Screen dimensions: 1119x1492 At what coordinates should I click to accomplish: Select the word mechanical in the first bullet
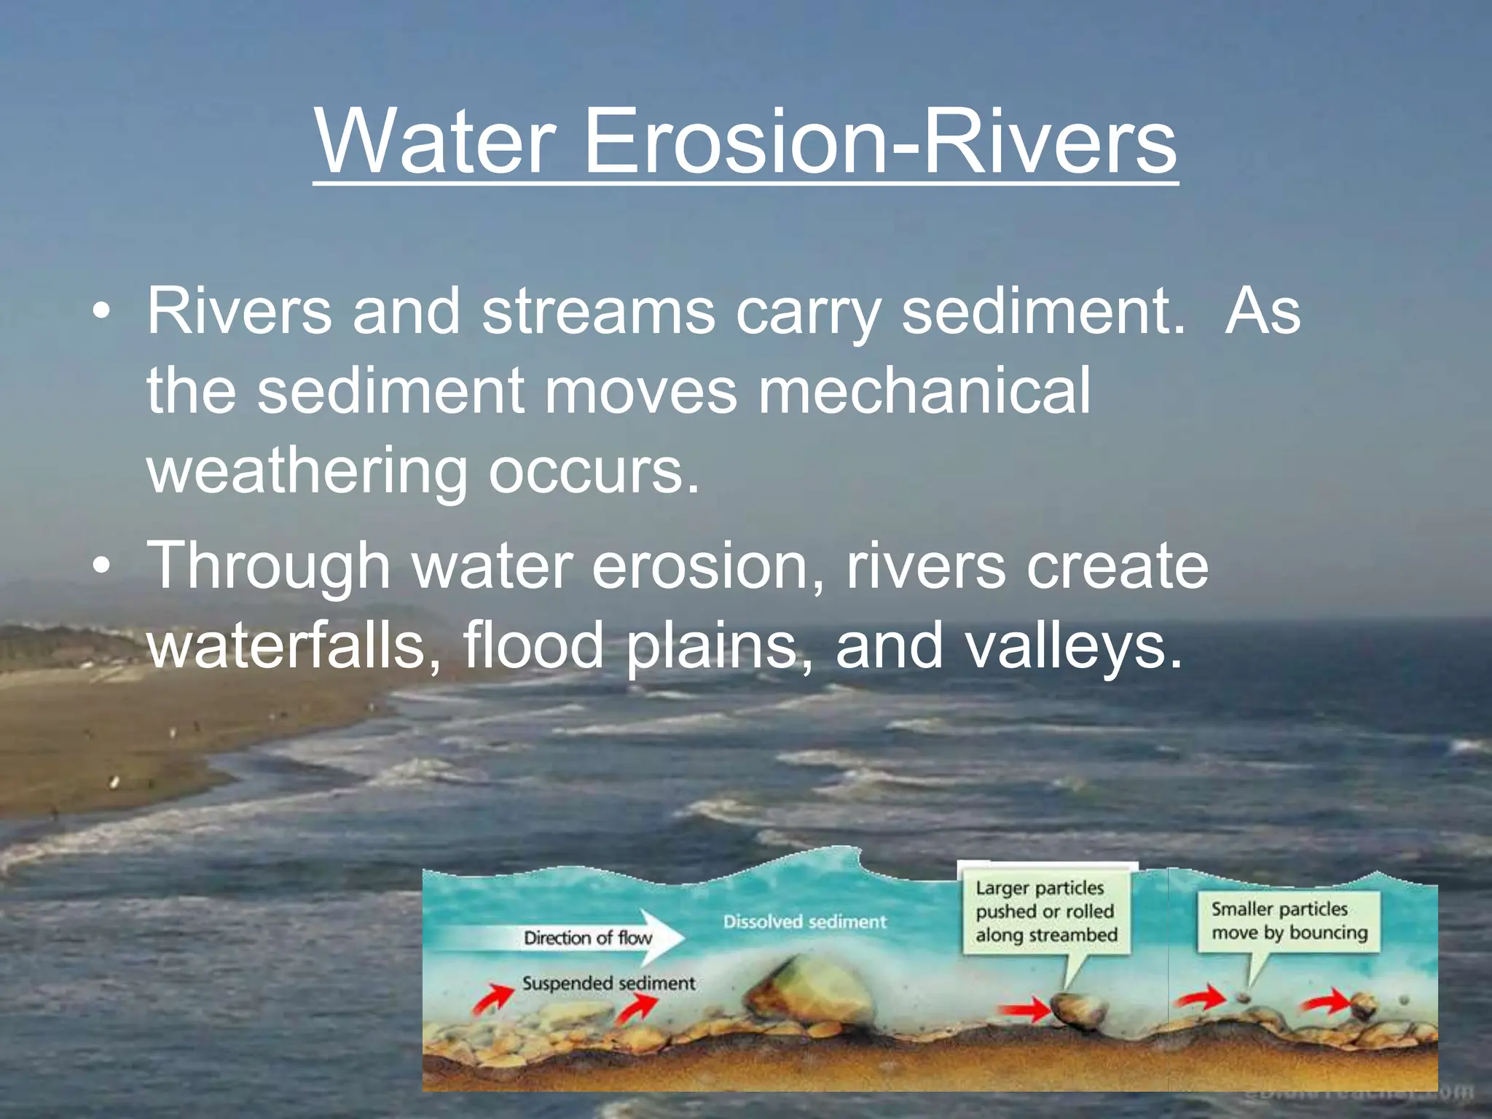point(924,391)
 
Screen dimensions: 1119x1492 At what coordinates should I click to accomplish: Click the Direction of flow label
point(587,938)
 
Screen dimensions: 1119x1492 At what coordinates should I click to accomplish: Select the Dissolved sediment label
point(804,922)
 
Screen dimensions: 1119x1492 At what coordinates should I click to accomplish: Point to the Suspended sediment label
point(608,983)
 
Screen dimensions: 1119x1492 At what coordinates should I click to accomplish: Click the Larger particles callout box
point(1046,911)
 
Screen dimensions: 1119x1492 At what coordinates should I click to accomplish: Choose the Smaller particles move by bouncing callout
point(1289,921)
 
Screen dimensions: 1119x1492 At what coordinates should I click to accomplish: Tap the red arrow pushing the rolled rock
point(1024,1010)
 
